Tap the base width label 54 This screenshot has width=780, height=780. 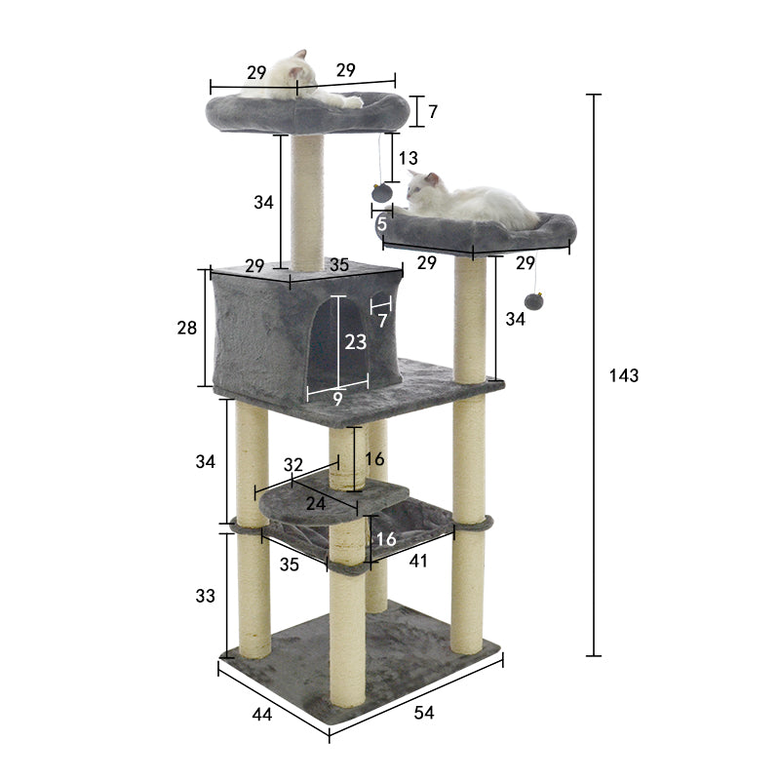(x=423, y=713)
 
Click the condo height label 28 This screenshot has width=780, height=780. (x=187, y=329)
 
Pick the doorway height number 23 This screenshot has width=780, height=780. (x=356, y=342)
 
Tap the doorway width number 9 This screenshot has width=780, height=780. (x=337, y=398)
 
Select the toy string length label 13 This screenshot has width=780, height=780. (x=409, y=158)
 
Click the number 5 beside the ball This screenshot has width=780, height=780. (x=381, y=224)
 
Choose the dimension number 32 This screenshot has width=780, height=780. (x=292, y=465)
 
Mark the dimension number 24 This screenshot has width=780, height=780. (x=315, y=504)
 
